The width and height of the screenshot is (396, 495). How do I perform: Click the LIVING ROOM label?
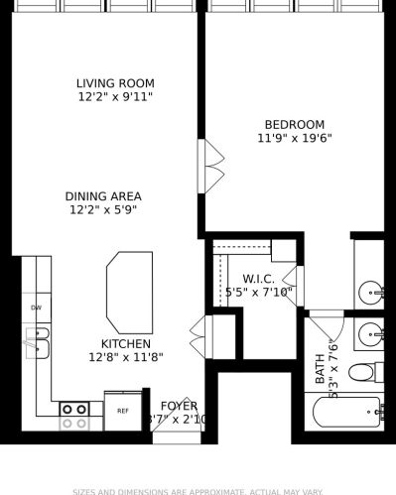(x=116, y=83)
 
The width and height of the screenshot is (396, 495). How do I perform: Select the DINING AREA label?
(x=103, y=196)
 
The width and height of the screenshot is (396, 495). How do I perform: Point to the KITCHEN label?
(x=125, y=343)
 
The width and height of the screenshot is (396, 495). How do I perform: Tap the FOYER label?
(x=179, y=406)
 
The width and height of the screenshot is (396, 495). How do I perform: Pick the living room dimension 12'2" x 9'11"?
(x=116, y=97)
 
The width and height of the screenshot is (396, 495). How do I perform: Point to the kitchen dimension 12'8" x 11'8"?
(x=125, y=357)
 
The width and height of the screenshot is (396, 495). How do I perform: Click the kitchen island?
(x=129, y=291)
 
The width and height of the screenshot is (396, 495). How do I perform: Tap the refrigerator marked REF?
(x=123, y=411)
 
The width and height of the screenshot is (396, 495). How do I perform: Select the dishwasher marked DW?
(x=36, y=309)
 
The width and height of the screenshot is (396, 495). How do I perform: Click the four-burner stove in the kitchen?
(x=74, y=415)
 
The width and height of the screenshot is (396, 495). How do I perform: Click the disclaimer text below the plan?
(x=198, y=490)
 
